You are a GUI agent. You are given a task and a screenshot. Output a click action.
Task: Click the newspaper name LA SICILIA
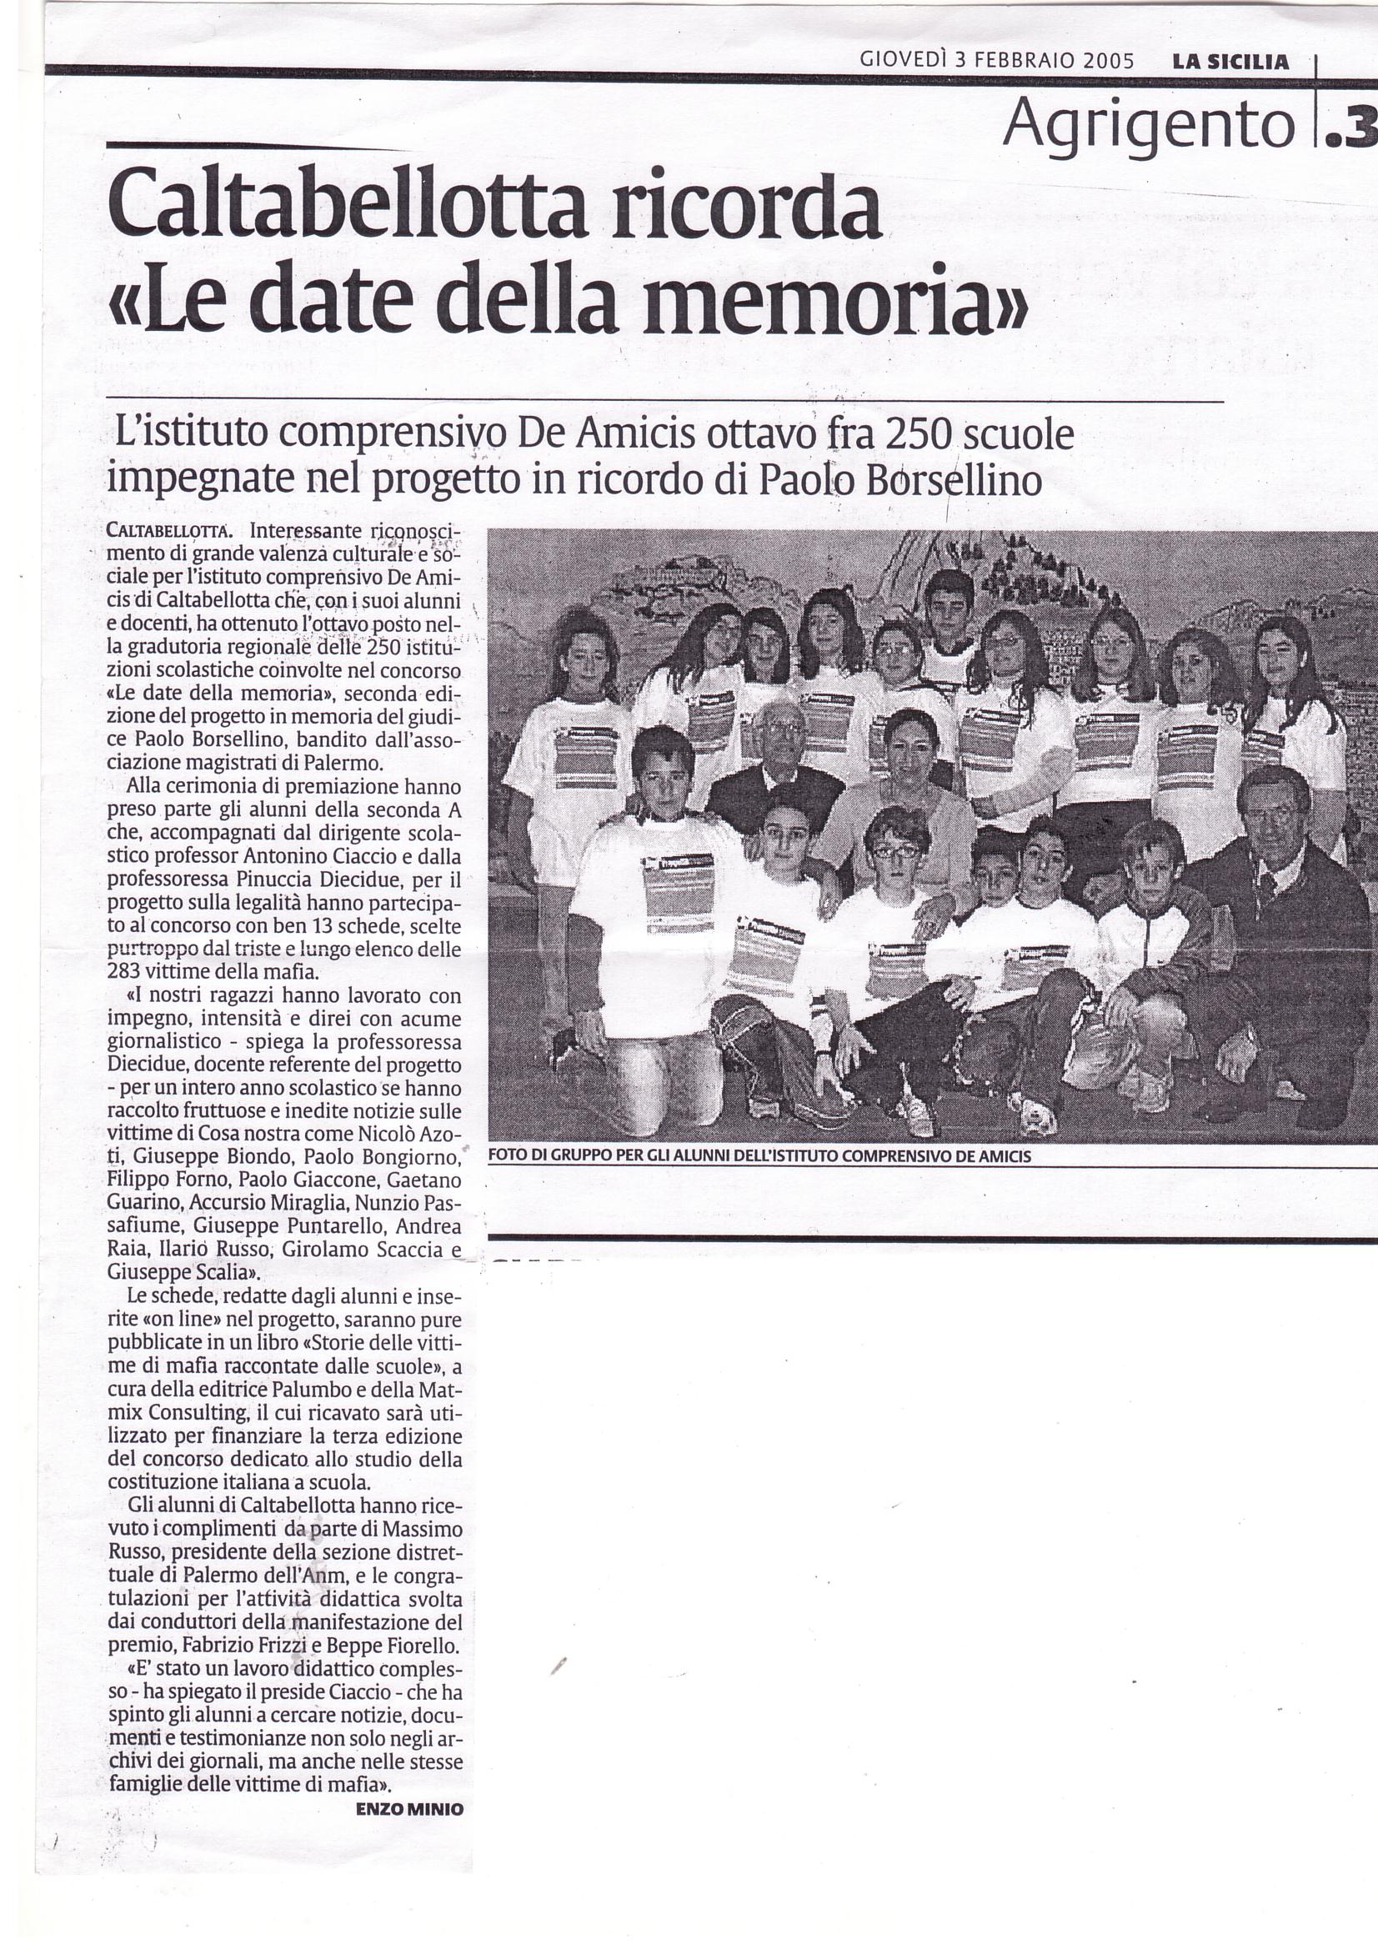click(x=1230, y=61)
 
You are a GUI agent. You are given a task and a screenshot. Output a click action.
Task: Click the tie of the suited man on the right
click(x=1265, y=888)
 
